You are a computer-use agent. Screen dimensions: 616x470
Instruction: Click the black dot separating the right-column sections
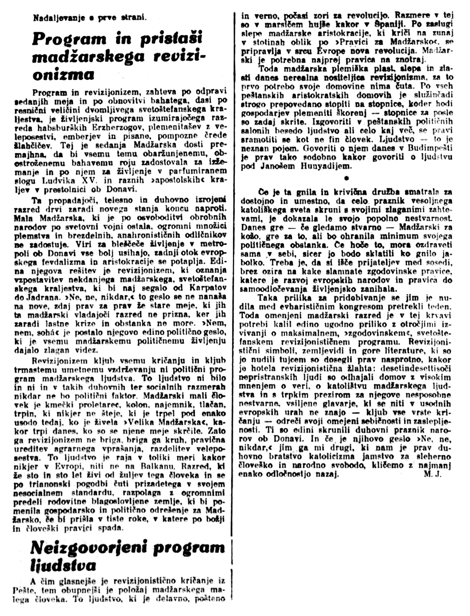click(347, 178)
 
